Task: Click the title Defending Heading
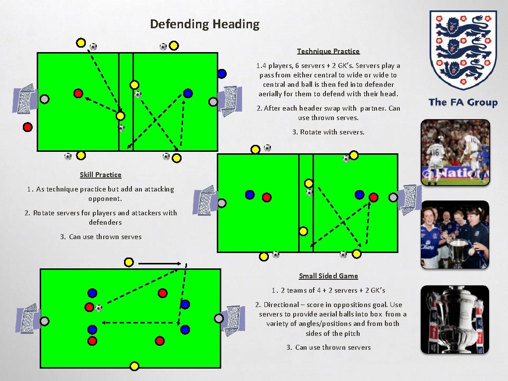pos(204,24)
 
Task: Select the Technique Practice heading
pos(328,51)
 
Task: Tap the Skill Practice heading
pos(100,175)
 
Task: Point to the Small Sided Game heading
pos(328,276)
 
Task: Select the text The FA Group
pos(463,103)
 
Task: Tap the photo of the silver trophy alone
pos(455,319)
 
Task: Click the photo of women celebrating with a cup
pos(455,235)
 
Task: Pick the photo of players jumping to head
pos(455,152)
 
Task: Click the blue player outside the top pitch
pos(222,73)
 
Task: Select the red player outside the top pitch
pos(28,127)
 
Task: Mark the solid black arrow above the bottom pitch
pos(159,263)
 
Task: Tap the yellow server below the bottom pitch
pos(133,366)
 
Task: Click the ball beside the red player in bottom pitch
pos(98,308)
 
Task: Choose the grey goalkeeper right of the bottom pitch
pos(219,318)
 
